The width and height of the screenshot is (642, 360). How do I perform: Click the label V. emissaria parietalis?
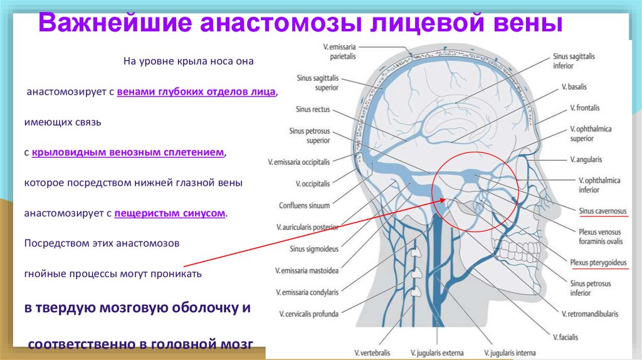[339, 50]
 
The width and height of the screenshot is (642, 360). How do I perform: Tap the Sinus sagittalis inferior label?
[574, 61]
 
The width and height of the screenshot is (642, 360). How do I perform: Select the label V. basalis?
[574, 87]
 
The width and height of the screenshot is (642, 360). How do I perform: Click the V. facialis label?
[567, 337]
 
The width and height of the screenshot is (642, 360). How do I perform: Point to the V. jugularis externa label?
[436, 353]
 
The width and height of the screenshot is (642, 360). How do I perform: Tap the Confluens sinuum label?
[304, 206]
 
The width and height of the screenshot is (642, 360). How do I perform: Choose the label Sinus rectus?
[312, 109]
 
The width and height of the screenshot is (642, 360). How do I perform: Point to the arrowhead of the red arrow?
[446, 200]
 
